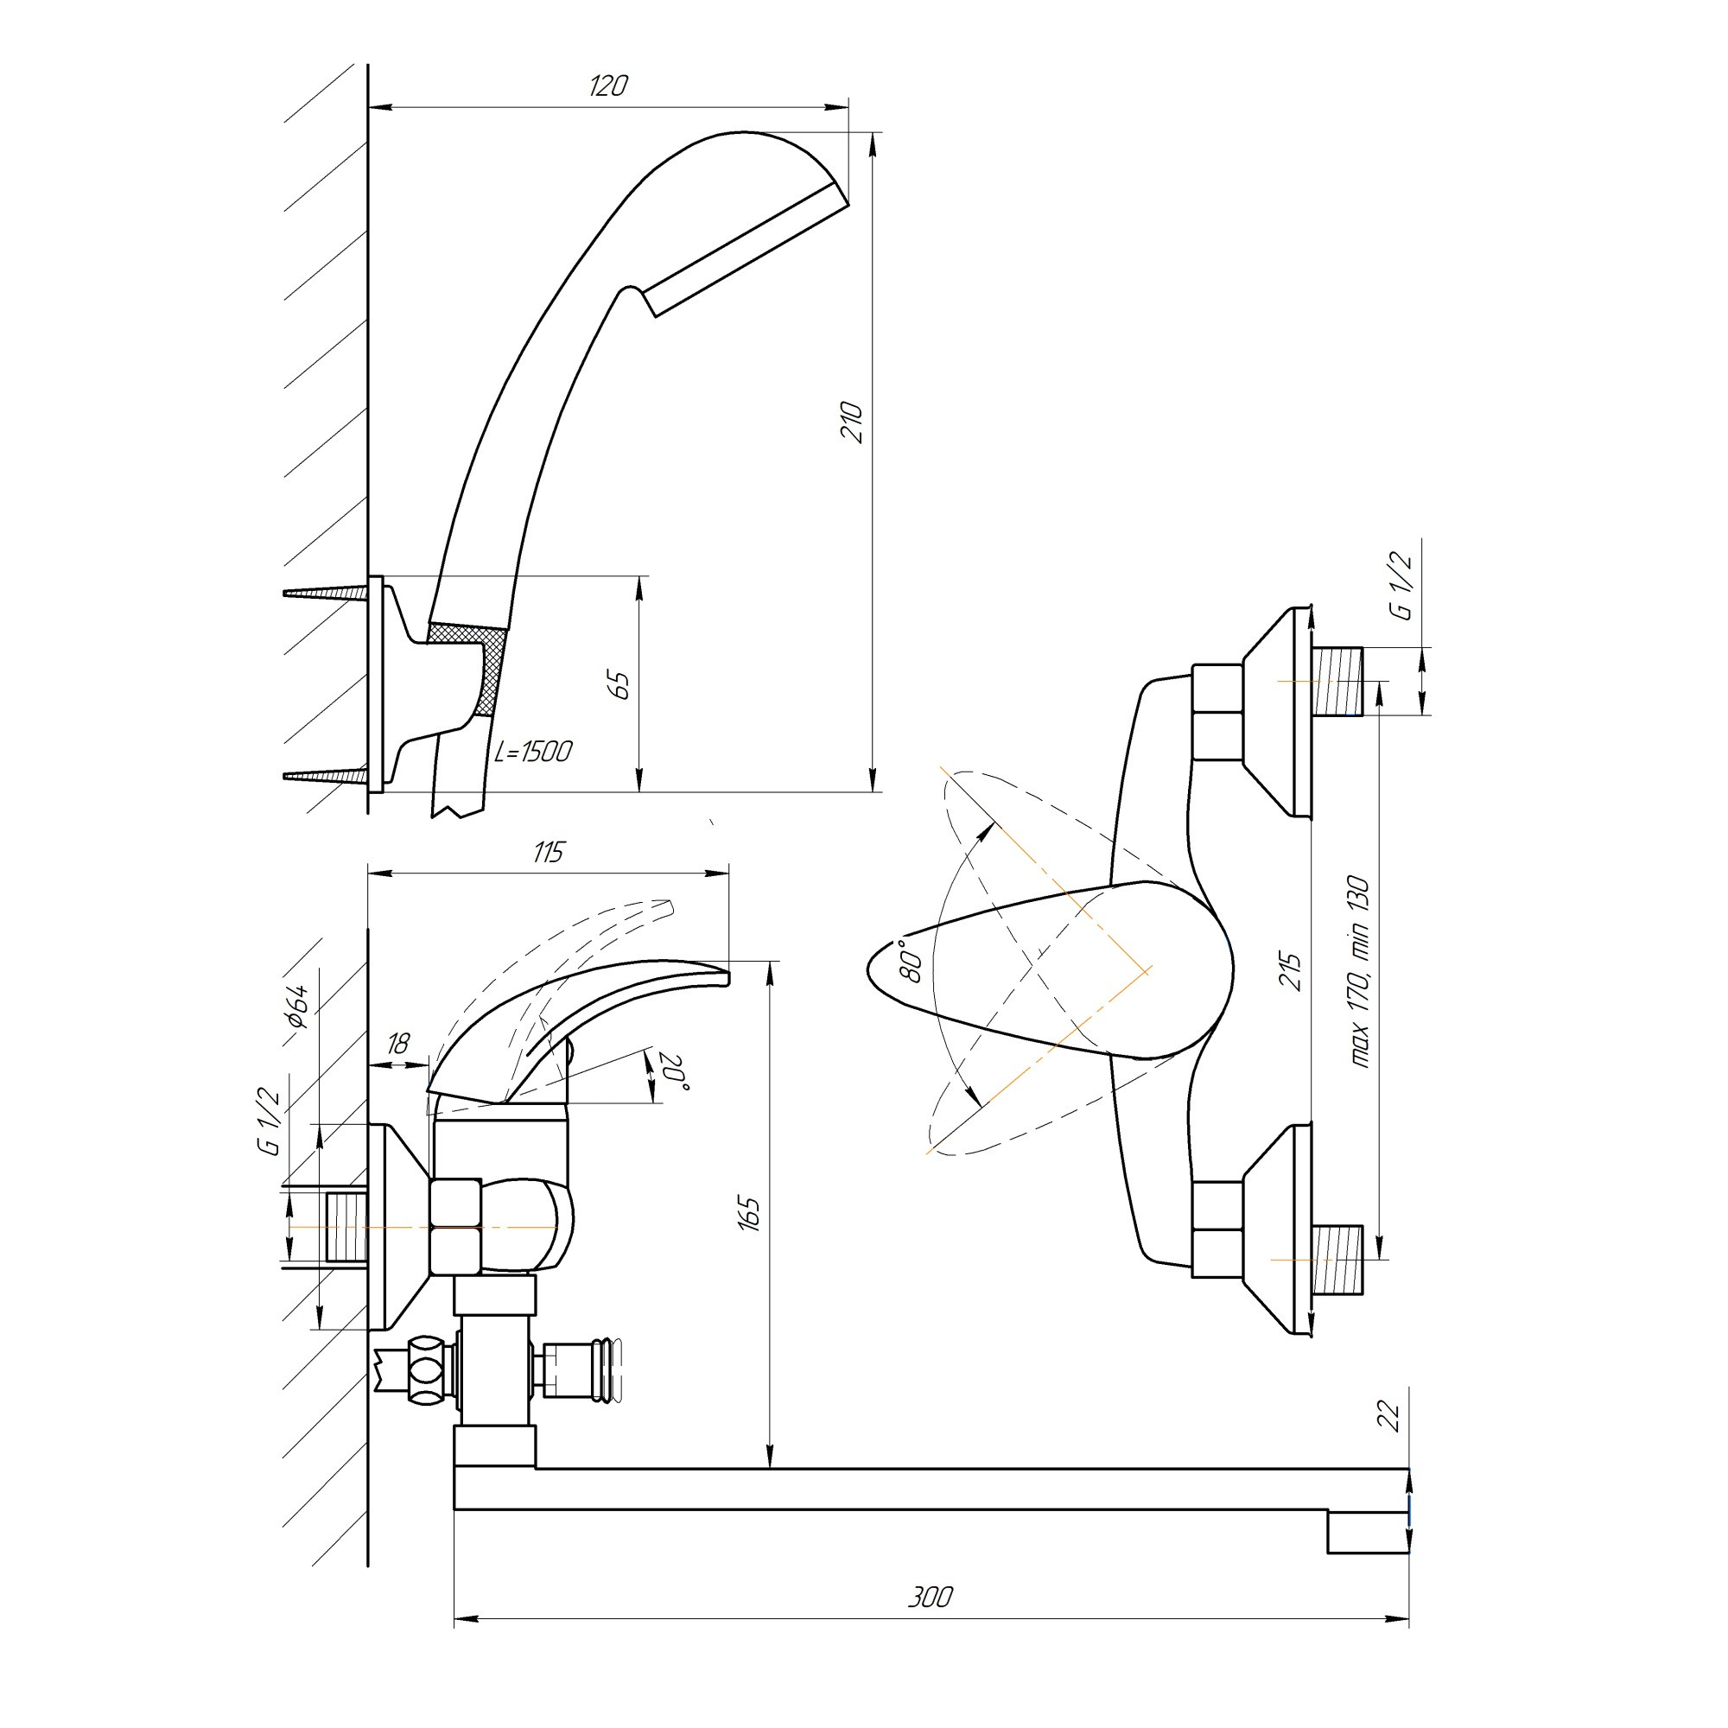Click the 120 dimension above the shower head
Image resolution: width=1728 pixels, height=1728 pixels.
608,86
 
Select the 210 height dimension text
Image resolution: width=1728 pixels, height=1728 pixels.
853,423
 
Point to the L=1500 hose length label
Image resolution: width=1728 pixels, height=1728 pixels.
533,752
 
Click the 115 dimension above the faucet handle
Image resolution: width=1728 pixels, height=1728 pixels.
549,852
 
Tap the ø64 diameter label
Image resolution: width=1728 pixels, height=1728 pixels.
298,1007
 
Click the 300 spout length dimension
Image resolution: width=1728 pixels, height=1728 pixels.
931,1597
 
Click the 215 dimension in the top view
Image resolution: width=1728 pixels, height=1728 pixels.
1292,971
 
